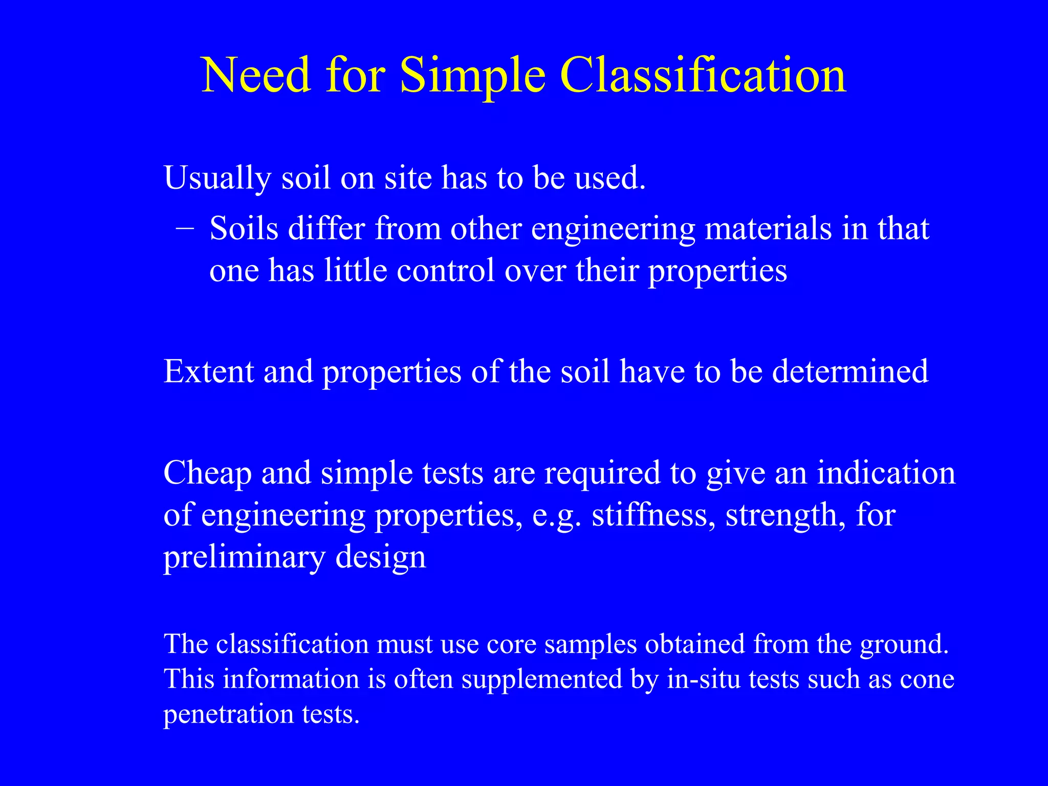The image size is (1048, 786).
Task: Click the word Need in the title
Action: (x=256, y=75)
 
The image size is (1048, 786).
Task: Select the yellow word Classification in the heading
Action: (x=703, y=75)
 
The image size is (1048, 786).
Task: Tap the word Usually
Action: (x=217, y=179)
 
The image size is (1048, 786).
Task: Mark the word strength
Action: (x=785, y=515)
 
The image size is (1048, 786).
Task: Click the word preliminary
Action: (x=244, y=557)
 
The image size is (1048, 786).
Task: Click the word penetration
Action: (x=228, y=714)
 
